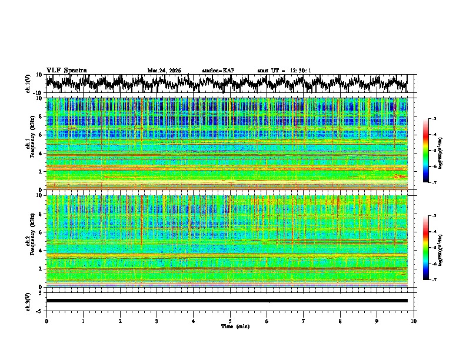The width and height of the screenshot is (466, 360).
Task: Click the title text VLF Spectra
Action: point(66,71)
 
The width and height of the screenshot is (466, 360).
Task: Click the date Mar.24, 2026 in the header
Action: point(164,71)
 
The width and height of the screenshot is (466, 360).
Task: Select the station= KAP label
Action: point(218,71)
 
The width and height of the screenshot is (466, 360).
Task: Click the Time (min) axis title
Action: point(235,326)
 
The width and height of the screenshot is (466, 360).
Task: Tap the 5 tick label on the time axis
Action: point(230,321)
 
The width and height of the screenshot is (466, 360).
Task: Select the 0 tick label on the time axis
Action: point(46,321)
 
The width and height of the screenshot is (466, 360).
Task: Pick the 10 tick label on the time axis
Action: point(414,321)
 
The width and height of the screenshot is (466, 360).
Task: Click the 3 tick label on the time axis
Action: point(157,321)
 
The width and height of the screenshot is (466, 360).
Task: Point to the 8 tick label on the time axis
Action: point(340,321)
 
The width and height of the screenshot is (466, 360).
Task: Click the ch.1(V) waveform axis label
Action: point(29,84)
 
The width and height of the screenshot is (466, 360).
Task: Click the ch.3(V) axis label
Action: point(29,301)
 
